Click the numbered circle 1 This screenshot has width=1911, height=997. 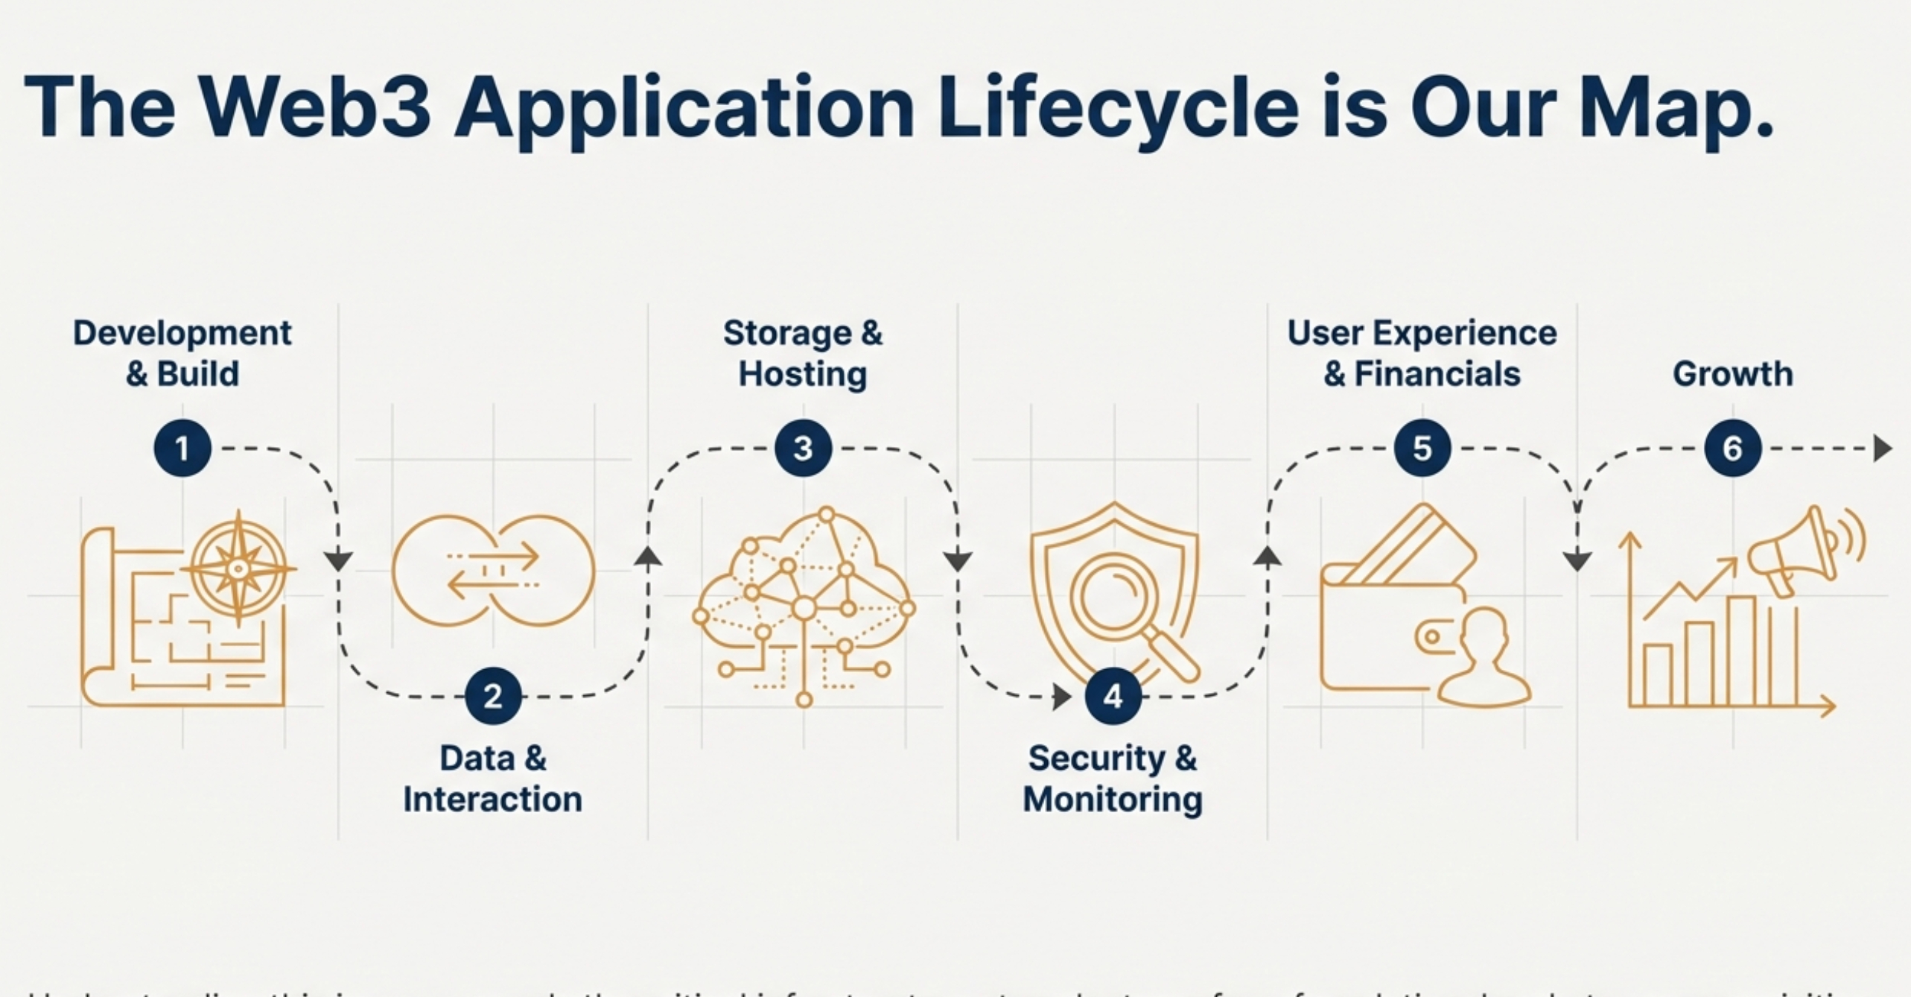182,449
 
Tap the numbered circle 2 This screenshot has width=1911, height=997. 493,696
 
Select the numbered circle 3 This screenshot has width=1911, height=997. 803,449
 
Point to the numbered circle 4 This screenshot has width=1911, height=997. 1113,696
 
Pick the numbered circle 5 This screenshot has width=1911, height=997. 1422,449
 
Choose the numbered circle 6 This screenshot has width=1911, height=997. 1733,449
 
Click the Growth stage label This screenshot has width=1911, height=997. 1733,374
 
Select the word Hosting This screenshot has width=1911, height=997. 803,374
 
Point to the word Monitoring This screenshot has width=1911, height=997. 1113,800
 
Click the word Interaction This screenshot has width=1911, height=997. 493,800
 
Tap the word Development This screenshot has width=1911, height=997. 182,333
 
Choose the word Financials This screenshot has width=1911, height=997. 1437,374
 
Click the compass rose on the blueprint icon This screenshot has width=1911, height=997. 238,569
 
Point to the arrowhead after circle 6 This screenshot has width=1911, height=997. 1882,449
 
